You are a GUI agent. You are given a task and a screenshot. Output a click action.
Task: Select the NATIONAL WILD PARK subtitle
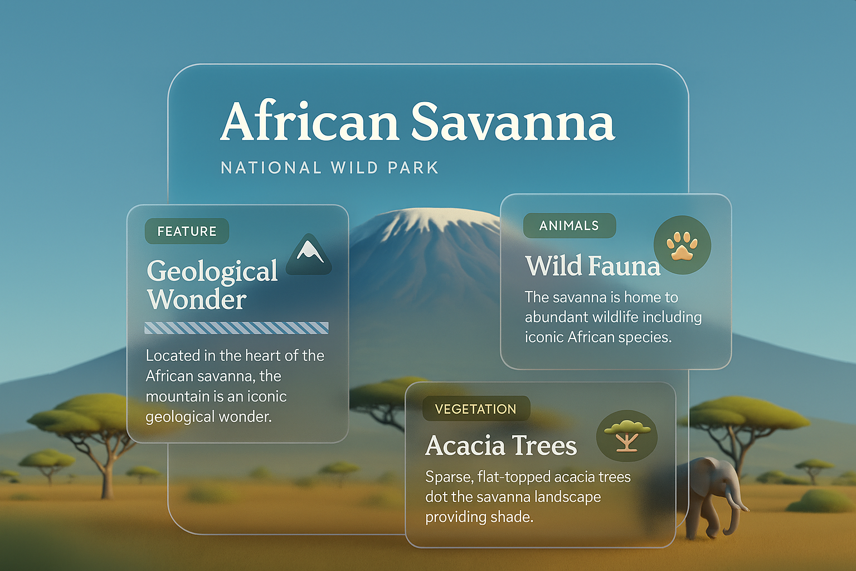click(329, 168)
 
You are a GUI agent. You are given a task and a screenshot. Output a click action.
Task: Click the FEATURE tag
click(187, 231)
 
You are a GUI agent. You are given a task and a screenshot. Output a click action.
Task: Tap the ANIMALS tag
click(569, 226)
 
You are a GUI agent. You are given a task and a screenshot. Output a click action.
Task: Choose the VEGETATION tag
click(476, 409)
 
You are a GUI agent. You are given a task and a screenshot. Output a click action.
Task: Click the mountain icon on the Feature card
click(309, 254)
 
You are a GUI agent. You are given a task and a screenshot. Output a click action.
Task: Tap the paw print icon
click(682, 245)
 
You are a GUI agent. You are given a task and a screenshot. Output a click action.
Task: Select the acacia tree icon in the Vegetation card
click(627, 436)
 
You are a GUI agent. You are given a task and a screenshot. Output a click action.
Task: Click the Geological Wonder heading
click(212, 284)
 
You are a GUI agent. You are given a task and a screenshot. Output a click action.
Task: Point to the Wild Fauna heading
click(593, 265)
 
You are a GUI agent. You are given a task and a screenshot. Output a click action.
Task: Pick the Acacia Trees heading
click(501, 445)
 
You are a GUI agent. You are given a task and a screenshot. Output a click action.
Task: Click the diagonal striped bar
click(236, 328)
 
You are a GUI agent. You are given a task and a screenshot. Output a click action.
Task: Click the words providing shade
click(479, 517)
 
